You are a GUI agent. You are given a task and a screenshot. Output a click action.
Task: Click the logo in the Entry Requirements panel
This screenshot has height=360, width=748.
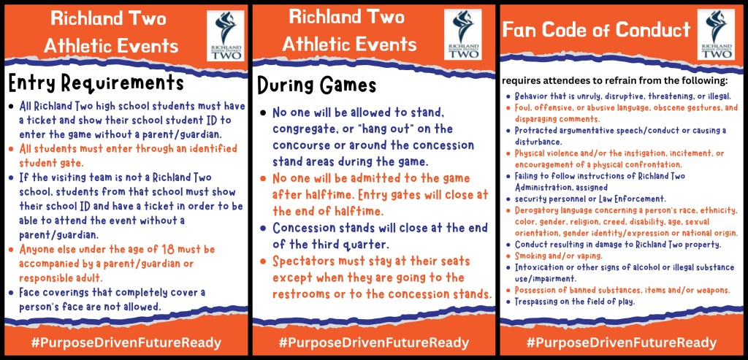[x=226, y=35]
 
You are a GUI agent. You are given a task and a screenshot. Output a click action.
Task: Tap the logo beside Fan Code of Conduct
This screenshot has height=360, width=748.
[x=716, y=34]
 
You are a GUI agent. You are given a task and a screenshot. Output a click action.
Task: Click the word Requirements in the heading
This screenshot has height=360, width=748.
[x=129, y=83]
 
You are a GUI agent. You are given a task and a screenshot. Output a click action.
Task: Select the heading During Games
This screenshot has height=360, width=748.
[x=317, y=85]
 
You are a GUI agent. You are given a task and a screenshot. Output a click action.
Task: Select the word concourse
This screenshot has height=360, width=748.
[x=305, y=145]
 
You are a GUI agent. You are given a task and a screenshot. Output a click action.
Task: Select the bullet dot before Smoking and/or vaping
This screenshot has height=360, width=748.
[x=508, y=256]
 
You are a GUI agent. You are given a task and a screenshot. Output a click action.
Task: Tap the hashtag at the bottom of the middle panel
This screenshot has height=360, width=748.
[x=374, y=342]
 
